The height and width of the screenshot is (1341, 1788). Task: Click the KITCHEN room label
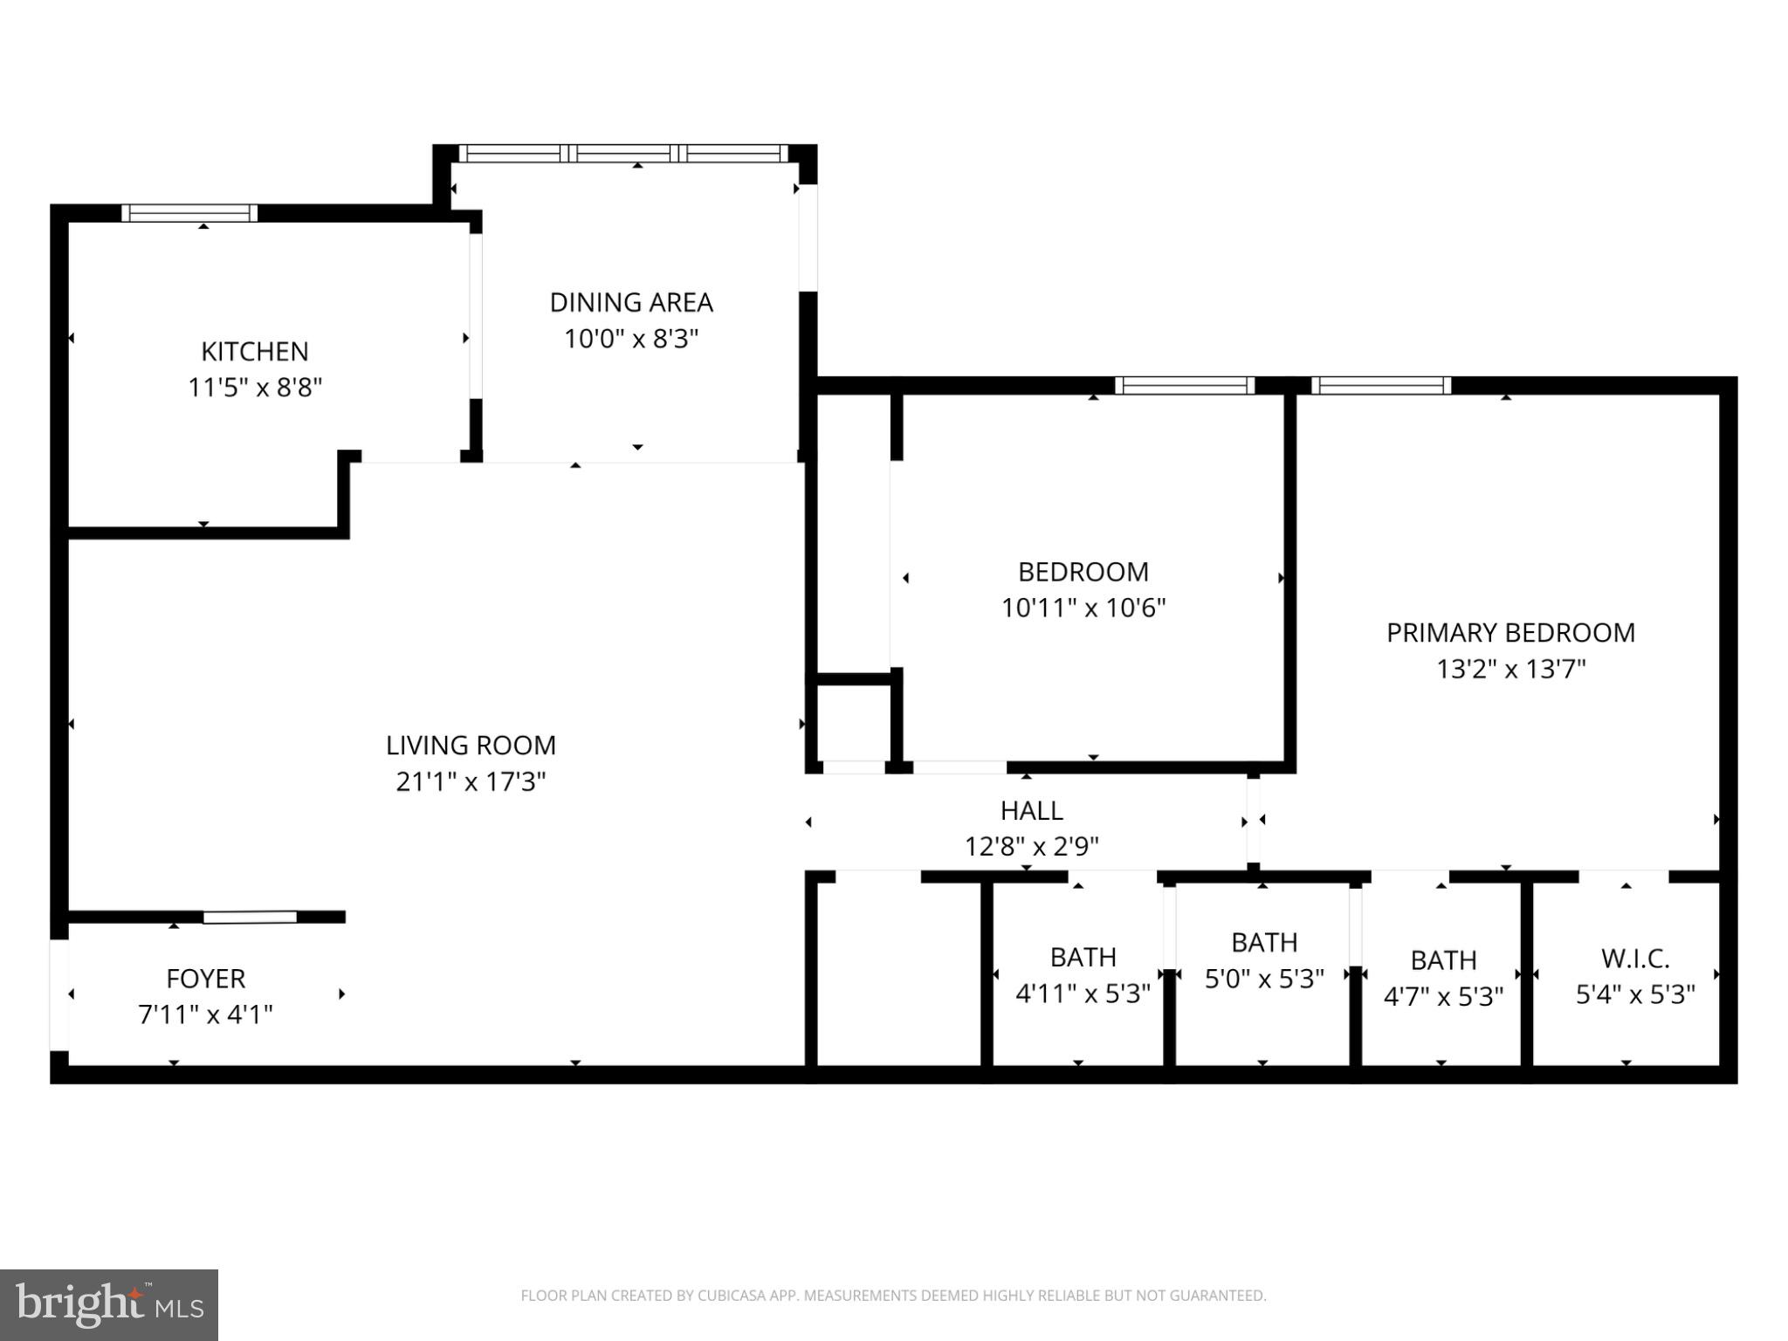click(x=254, y=351)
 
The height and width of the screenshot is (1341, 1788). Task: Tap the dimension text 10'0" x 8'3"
click(x=631, y=339)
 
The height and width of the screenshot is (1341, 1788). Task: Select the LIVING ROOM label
click(x=471, y=745)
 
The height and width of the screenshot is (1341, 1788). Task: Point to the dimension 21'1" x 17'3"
click(x=471, y=781)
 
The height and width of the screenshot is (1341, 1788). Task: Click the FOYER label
click(x=205, y=978)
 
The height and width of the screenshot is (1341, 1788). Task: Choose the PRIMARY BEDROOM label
click(x=1510, y=633)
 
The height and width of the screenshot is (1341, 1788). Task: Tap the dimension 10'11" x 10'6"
click(x=1083, y=608)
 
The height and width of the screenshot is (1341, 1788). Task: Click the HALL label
click(x=1031, y=810)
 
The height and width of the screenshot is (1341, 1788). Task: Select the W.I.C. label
click(x=1634, y=959)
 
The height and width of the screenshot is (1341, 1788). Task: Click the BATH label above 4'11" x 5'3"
click(x=1083, y=957)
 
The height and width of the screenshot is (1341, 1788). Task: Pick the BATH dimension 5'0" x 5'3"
click(x=1264, y=979)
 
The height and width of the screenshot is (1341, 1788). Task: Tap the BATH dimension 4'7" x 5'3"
click(x=1443, y=996)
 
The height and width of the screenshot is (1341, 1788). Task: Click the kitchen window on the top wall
click(x=189, y=213)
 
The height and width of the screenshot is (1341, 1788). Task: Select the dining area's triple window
click(x=623, y=154)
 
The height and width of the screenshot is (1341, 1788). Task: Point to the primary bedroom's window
click(x=1380, y=385)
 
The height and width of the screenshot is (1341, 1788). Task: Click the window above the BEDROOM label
click(x=1184, y=385)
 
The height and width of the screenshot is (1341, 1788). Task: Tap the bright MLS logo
click(x=109, y=1305)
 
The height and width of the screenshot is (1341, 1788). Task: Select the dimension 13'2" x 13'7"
click(x=1510, y=670)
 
